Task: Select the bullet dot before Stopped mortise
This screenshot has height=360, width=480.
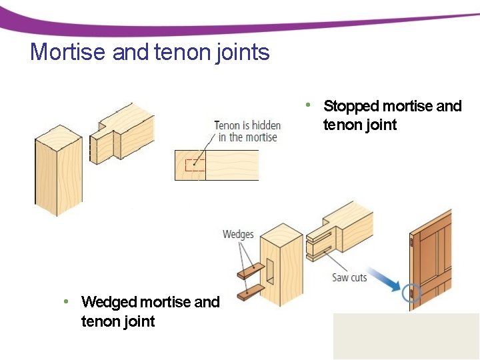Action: pos(308,105)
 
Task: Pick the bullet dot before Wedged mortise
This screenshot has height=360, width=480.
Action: pos(66,301)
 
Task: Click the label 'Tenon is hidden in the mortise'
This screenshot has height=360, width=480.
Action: pos(247,131)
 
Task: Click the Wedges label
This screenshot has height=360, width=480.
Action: pos(238,235)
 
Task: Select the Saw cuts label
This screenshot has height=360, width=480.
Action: pos(349,277)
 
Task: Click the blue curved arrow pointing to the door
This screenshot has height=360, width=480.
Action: pos(385,278)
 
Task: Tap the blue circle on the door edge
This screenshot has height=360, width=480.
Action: pos(411,292)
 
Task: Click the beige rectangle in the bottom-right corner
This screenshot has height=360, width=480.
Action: pos(406,336)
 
